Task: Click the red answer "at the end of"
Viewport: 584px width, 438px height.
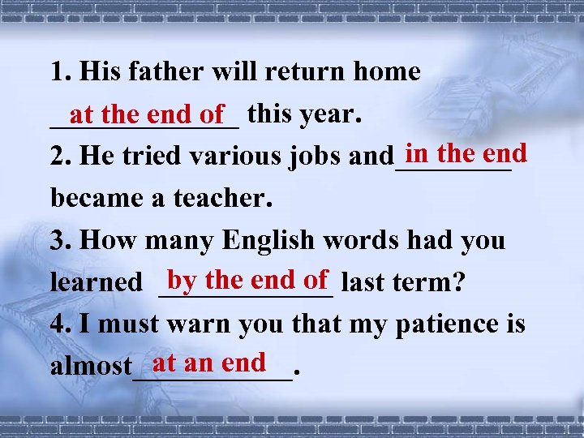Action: tap(146, 115)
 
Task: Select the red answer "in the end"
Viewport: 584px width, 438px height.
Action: tap(466, 152)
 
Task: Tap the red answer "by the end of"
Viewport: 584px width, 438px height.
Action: tap(247, 280)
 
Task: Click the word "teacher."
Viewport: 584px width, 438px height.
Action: tap(224, 198)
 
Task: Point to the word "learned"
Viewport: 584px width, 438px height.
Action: tap(96, 282)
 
